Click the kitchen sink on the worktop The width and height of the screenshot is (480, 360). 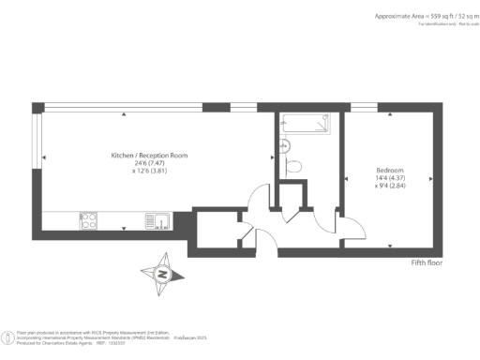point(158,221)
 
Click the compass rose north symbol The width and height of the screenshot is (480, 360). point(162,274)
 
